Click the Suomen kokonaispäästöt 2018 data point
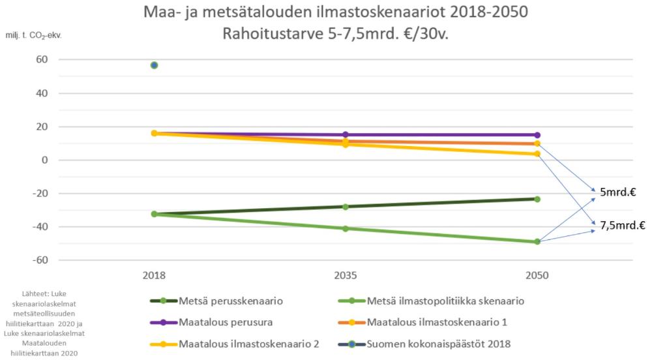(x=154, y=65)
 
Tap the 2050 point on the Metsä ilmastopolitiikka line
(x=537, y=242)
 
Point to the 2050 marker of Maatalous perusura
(x=537, y=135)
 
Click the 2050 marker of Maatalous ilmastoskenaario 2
(x=537, y=154)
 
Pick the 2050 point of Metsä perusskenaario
(x=537, y=199)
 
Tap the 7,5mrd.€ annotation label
(x=623, y=226)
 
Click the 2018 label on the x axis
(x=154, y=277)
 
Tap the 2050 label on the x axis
(x=537, y=277)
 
